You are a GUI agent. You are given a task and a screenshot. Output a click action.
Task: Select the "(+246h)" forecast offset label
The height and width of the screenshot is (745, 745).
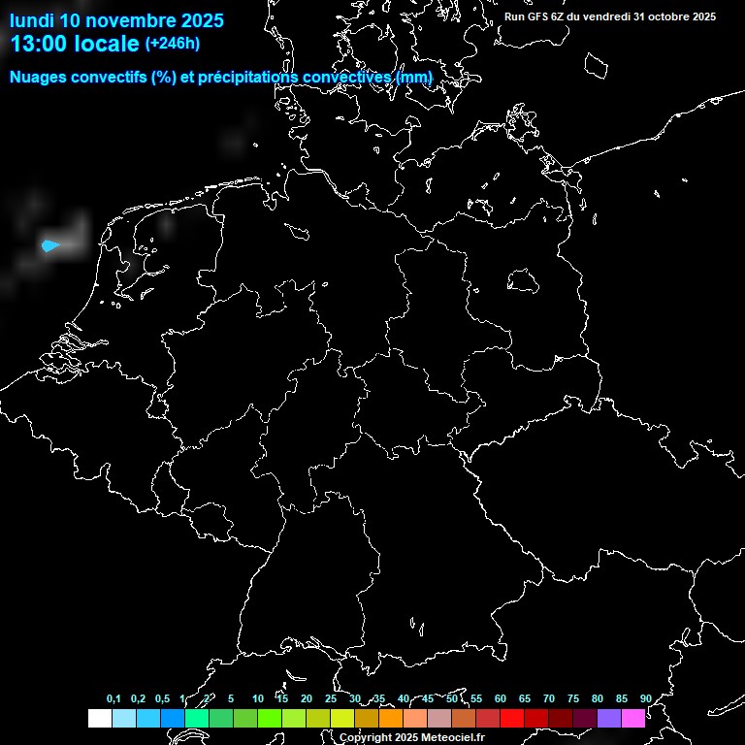tap(173, 44)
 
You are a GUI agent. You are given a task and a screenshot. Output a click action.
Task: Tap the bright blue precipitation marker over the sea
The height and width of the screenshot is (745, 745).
tap(50, 246)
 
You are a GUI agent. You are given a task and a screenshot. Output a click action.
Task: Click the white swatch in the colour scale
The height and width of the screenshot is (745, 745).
tap(99, 719)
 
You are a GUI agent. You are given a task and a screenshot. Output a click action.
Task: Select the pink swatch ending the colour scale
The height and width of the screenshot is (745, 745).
tap(633, 719)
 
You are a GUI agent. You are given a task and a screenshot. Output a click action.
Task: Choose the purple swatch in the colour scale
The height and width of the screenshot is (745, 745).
tap(609, 719)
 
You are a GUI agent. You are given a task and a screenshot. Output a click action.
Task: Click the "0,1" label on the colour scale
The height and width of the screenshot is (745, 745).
tap(113, 698)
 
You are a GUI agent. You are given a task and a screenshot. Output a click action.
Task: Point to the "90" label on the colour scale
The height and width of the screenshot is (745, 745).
tap(646, 698)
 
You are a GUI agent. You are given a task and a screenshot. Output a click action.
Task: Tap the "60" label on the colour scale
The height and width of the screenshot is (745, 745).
tap(501, 698)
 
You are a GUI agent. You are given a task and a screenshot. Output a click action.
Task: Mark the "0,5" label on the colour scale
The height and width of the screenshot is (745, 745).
tap(162, 698)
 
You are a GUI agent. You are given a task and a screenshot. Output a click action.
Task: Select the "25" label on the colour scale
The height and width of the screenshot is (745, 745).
tap(331, 698)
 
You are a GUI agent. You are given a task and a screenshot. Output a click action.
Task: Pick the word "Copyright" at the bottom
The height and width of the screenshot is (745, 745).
tap(367, 737)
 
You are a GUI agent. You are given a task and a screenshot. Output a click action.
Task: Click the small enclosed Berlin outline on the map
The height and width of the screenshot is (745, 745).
tap(524, 280)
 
